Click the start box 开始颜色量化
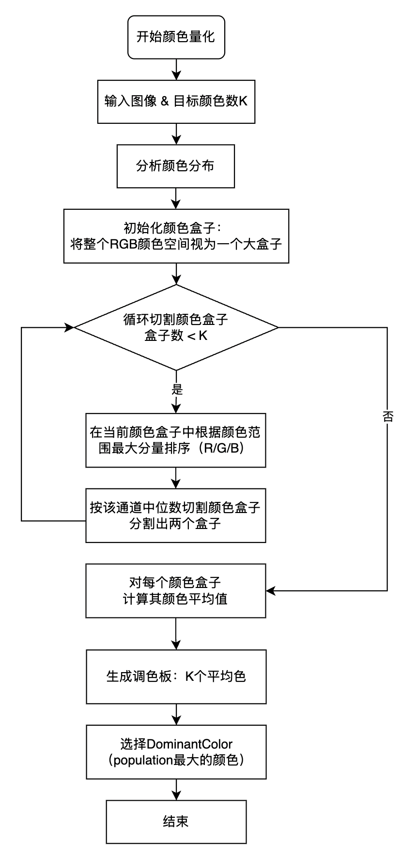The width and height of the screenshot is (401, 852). click(176, 37)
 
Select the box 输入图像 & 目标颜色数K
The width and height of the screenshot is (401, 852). click(176, 102)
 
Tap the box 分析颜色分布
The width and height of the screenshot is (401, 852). click(176, 166)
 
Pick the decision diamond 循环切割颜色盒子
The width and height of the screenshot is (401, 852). click(176, 327)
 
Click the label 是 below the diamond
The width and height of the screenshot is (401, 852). click(176, 389)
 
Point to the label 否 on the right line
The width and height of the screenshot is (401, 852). click(387, 417)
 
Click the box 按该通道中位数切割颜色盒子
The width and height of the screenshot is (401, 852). click(176, 515)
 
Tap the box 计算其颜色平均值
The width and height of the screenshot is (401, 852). click(176, 590)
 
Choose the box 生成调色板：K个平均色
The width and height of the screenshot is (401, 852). click(176, 676)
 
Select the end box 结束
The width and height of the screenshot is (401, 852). click(176, 821)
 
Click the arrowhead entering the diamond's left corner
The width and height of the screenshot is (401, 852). click(69, 327)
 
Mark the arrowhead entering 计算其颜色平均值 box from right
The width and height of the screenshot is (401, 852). click(271, 590)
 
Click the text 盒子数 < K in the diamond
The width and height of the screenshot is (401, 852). click(176, 336)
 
